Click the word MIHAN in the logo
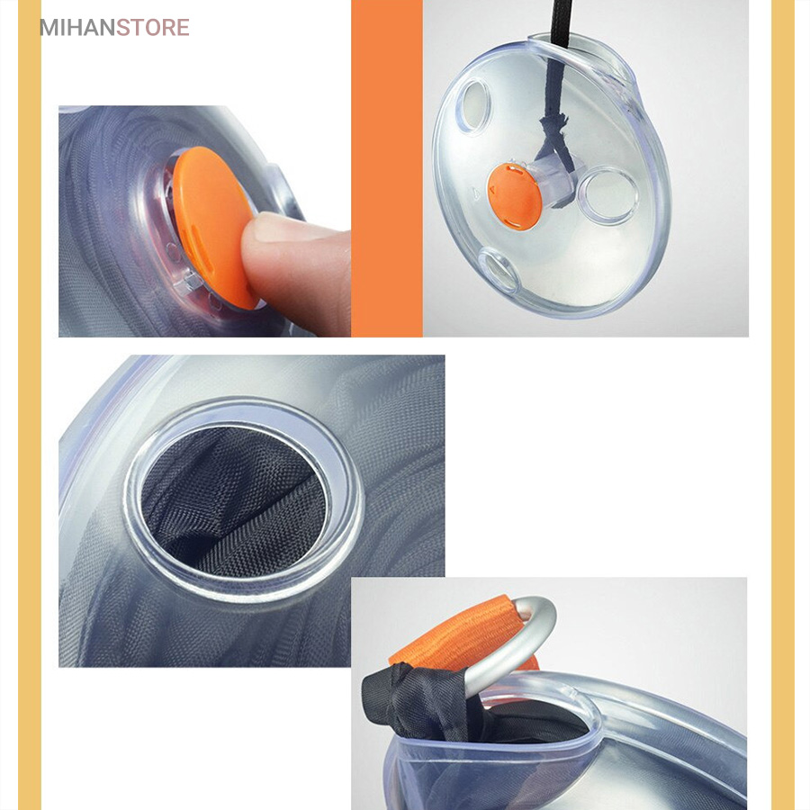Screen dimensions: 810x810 [x=77, y=28]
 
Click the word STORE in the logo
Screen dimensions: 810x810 [x=153, y=28]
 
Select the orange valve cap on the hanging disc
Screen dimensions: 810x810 [x=515, y=196]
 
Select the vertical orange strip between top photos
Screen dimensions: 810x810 [x=387, y=168]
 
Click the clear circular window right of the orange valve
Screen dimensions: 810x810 [x=608, y=195]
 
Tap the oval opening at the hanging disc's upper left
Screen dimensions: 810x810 [x=473, y=105]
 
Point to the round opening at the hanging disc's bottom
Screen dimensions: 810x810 [x=499, y=271]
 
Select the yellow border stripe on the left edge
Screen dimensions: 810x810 [x=30, y=405]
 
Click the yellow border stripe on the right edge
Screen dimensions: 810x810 [x=783, y=405]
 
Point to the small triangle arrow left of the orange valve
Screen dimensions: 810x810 [x=476, y=193]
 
